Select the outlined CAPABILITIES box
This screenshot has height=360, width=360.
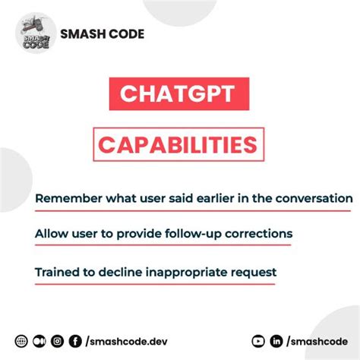(180, 144)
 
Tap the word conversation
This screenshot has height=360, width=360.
(314, 199)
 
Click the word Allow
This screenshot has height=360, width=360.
(50, 235)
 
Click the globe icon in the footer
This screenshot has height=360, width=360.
(21, 341)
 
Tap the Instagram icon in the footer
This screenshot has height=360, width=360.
(57, 341)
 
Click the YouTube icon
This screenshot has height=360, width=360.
(258, 341)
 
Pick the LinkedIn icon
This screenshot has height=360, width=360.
(277, 341)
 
